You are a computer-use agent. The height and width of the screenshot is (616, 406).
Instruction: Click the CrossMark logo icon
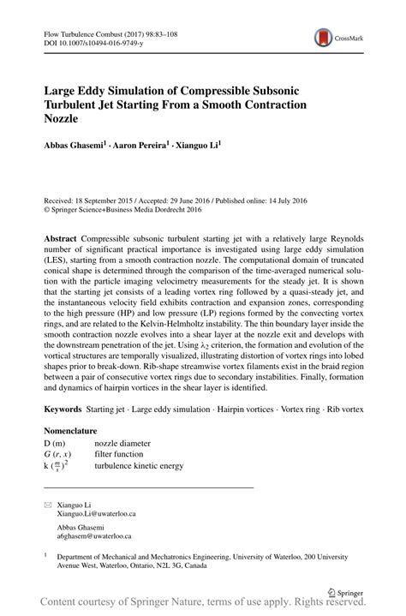point(324,37)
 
